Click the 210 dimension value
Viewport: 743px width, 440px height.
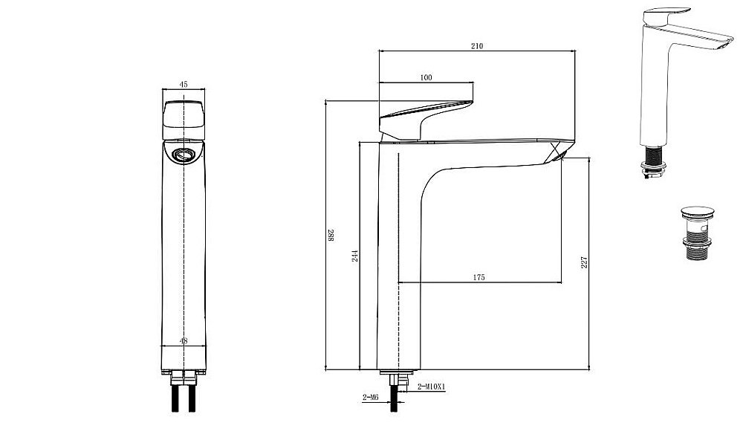click(x=477, y=46)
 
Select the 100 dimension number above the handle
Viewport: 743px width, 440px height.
click(x=426, y=77)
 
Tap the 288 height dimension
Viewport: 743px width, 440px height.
click(x=331, y=236)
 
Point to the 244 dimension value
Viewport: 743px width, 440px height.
click(x=355, y=256)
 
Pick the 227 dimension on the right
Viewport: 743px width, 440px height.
click(x=584, y=262)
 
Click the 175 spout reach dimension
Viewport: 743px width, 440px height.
click(x=479, y=277)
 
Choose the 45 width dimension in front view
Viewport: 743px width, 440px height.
click(x=184, y=85)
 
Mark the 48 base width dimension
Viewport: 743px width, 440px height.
click(x=184, y=340)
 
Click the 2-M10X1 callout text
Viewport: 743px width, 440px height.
click(x=432, y=387)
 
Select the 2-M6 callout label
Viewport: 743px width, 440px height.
click(x=371, y=398)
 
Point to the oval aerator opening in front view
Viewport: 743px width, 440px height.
click(x=184, y=154)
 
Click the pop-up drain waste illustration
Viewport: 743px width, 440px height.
click(x=698, y=233)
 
